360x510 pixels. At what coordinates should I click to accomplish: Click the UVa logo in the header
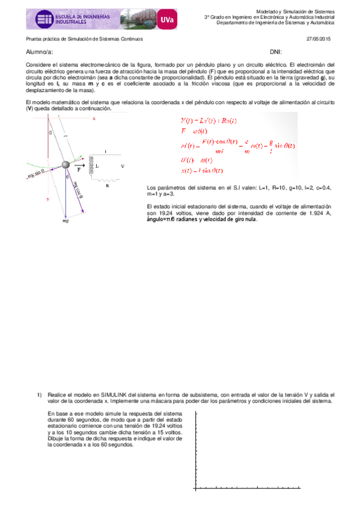(x=167, y=20)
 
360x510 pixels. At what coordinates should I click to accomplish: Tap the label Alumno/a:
(x=39, y=52)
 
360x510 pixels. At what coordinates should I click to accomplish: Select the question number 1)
(x=39, y=395)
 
